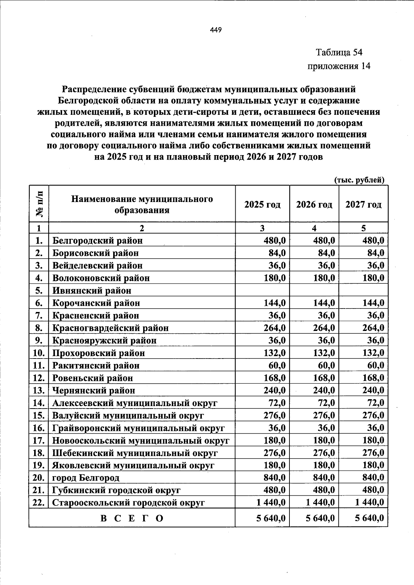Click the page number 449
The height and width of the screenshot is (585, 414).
click(x=216, y=30)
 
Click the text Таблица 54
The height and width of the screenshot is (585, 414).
click(x=339, y=52)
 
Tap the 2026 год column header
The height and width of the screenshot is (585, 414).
click(x=314, y=205)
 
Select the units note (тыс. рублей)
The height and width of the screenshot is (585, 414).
click(x=359, y=180)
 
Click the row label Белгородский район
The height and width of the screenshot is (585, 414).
click(x=97, y=240)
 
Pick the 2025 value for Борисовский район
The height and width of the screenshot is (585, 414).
click(x=277, y=253)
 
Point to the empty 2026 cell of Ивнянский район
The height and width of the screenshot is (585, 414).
click(x=314, y=290)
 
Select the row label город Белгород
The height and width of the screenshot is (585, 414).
click(x=86, y=478)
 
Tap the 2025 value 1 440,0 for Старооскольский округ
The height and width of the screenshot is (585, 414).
click(x=271, y=503)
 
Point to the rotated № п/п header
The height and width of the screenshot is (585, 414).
click(x=39, y=204)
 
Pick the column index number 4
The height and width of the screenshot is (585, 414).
click(x=314, y=228)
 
